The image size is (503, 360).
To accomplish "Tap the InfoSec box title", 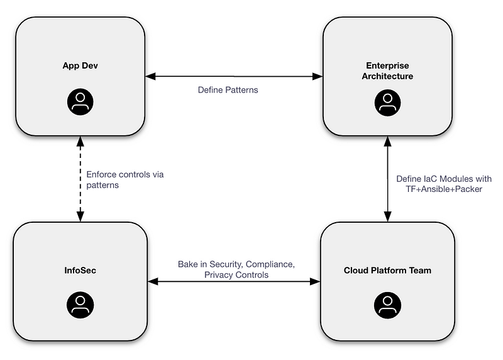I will (x=80, y=271).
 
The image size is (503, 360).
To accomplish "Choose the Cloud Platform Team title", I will (x=387, y=271).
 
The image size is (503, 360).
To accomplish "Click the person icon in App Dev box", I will (x=80, y=102).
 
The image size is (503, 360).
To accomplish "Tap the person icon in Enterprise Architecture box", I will (x=387, y=103).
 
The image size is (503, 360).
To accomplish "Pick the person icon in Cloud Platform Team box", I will (x=387, y=305).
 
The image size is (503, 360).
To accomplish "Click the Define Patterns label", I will (x=228, y=90).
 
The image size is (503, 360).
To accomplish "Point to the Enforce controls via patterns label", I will (x=124, y=180).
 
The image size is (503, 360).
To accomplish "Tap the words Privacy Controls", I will (x=236, y=275).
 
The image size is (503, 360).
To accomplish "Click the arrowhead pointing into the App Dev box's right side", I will (x=150, y=77).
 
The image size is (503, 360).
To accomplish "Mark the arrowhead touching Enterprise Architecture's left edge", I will (x=318, y=77).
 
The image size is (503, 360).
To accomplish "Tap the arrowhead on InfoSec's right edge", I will (x=151, y=282).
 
